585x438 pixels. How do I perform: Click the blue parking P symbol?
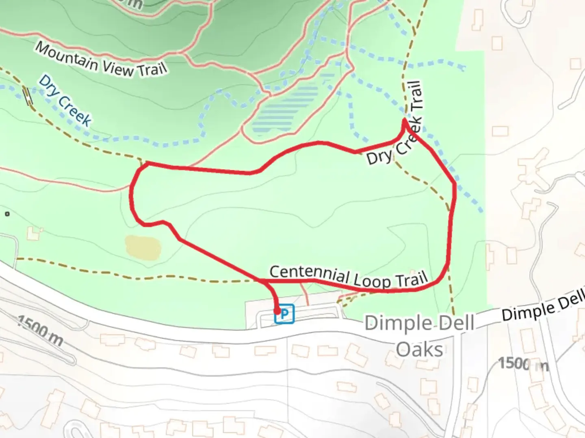click(x=285, y=314)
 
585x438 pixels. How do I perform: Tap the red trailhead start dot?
click(x=277, y=311)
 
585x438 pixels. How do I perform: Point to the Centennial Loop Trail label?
click(x=349, y=277)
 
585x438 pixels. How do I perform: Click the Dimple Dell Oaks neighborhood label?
click(x=419, y=337)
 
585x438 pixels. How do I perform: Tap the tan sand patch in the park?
click(x=143, y=247)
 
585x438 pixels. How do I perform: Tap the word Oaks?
click(x=419, y=350)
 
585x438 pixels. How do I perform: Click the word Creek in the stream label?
click(x=75, y=109)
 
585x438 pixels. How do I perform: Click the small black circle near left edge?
click(x=7, y=214)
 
